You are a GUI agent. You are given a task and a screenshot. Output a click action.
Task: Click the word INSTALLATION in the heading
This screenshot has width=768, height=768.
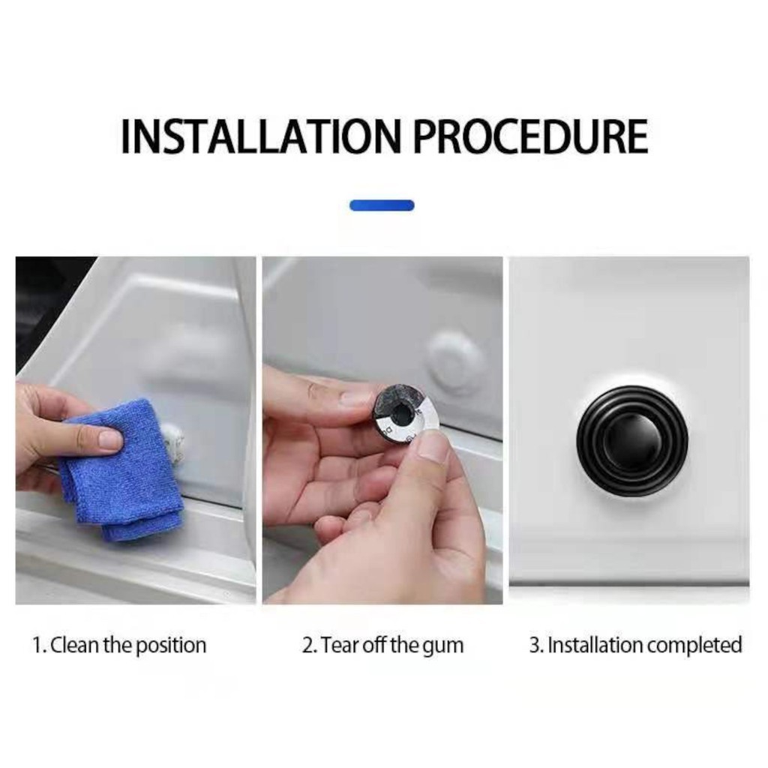pyautogui.click(x=260, y=136)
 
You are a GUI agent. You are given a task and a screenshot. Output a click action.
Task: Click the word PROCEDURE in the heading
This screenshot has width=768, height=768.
pyautogui.click(x=531, y=136)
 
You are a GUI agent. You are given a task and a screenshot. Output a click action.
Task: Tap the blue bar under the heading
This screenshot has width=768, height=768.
pyautogui.click(x=382, y=205)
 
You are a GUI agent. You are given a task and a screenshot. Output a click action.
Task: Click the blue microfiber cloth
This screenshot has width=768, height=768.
pyautogui.click(x=122, y=470)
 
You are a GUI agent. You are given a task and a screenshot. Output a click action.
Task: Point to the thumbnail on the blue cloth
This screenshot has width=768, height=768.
pyautogui.click(x=109, y=439)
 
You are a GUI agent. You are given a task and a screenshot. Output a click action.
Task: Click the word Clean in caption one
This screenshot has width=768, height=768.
pyautogui.click(x=76, y=645)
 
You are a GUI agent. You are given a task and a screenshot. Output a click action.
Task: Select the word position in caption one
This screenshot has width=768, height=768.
pyautogui.click(x=170, y=646)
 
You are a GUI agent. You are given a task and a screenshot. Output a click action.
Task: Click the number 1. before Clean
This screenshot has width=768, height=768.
pyautogui.click(x=39, y=645)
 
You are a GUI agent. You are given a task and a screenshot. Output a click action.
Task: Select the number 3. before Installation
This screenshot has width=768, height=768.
pyautogui.click(x=536, y=645)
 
